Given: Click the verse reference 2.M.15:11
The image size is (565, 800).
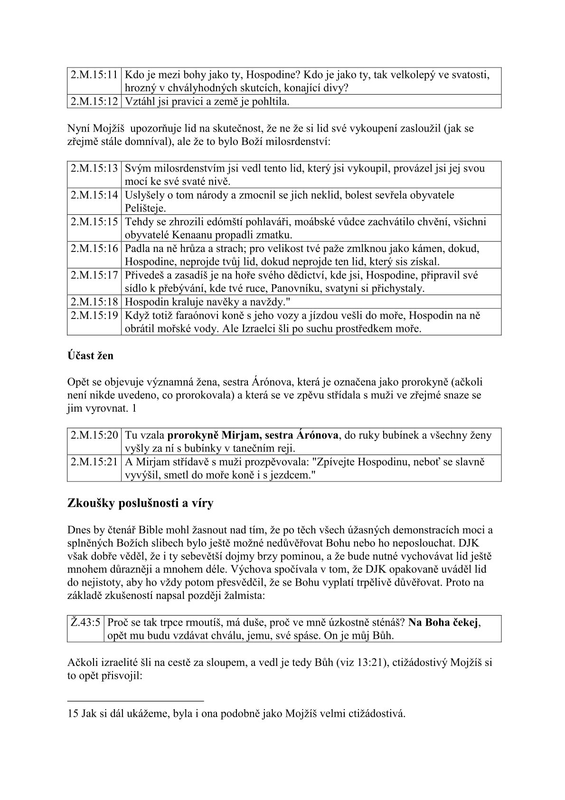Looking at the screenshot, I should click(94, 75).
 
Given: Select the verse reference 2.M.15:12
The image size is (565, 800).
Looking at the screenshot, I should click(94, 101).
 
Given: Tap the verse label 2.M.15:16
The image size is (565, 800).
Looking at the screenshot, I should click(94, 249).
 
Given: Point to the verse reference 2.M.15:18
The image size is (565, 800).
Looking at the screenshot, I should click(94, 301).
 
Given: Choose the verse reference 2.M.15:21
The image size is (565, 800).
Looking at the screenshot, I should click(94, 462).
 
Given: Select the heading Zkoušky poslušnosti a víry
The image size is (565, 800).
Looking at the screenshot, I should click(141, 503).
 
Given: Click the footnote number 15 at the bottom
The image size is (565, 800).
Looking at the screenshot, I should click(73, 713).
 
